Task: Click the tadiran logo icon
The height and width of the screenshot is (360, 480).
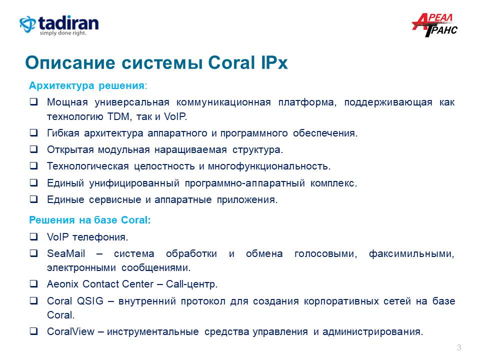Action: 27,24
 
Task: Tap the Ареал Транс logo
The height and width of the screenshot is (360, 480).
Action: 434,25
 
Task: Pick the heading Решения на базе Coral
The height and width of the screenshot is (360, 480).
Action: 89,220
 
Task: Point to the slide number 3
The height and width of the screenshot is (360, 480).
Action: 459,347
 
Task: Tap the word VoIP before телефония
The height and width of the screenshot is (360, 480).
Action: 57,237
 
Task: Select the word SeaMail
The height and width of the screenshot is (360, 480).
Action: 66,253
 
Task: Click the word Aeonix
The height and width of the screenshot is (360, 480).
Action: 63,284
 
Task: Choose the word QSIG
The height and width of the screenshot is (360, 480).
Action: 90,301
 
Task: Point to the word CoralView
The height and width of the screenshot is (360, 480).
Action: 70,331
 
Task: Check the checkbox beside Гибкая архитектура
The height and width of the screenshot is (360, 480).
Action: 33,133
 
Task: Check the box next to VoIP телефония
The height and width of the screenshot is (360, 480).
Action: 33,236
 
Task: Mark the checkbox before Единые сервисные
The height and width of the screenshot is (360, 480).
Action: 33,199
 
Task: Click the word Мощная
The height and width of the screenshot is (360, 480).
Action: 67,102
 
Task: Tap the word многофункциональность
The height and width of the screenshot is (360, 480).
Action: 269,166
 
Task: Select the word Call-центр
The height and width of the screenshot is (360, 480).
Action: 191,284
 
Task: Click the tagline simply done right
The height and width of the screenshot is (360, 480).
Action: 63,33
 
